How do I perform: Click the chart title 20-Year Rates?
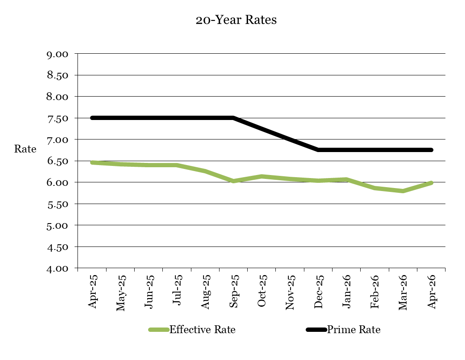[x=236, y=20]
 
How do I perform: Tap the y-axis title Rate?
[x=25, y=149]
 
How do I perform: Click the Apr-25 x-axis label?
[x=92, y=291]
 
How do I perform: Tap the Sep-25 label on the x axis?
[x=233, y=291]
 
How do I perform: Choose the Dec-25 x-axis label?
[x=318, y=291]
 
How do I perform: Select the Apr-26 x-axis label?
[x=431, y=291]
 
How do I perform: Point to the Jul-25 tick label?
[x=177, y=291]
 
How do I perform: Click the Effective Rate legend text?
[x=202, y=330]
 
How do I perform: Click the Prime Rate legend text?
[x=354, y=330]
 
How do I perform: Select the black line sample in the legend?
[x=316, y=330]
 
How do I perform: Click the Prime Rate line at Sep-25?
[x=233, y=118]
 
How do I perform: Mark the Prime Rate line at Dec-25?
[x=318, y=150]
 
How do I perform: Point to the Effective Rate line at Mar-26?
[x=403, y=191]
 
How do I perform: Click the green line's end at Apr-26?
[x=431, y=183]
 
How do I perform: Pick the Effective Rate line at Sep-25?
[x=233, y=181]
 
